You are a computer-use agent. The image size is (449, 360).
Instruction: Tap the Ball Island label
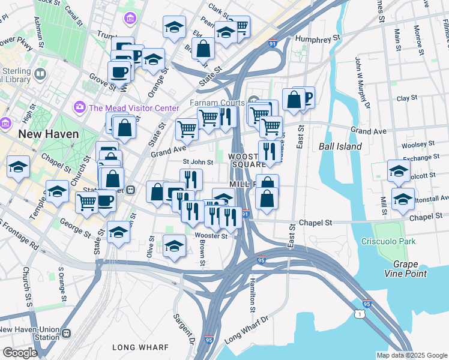tap(340, 146)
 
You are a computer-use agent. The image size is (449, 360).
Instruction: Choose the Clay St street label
tap(406, 98)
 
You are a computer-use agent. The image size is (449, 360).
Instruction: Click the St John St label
tap(197, 162)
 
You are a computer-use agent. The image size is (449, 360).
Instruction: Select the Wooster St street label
tap(210, 236)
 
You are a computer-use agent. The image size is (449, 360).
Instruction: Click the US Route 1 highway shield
tap(358, 314)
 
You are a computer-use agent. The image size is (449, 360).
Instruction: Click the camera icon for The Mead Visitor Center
tap(79, 107)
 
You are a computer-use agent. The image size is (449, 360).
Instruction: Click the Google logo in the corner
tap(20, 352)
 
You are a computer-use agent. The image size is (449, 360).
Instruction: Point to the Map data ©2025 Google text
tap(411, 355)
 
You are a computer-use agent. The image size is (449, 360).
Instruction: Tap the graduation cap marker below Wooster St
tap(174, 247)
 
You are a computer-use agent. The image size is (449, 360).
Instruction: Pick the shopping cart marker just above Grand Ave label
tap(187, 128)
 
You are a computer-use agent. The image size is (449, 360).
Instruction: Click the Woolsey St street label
tap(418, 145)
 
